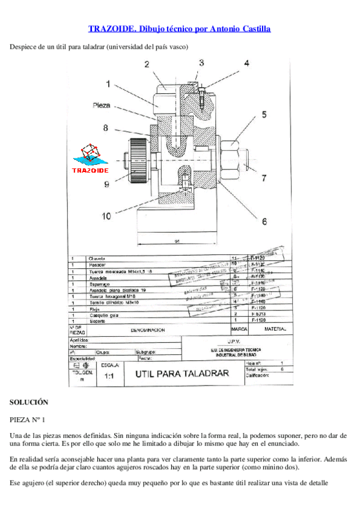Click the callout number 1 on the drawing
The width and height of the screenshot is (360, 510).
(108, 84)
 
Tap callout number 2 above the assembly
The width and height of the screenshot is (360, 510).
(147, 64)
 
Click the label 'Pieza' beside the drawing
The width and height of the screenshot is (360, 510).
(102, 105)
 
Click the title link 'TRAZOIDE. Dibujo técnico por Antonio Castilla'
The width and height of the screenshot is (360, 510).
(180, 28)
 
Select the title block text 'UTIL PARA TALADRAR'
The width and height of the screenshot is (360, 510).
(182, 373)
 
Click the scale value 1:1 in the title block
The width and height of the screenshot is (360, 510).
(109, 376)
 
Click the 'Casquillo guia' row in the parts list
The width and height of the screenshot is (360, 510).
(102, 315)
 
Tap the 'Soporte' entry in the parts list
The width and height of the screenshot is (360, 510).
(96, 321)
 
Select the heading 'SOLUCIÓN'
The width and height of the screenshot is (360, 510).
(29, 402)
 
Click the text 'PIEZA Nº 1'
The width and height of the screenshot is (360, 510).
(28, 419)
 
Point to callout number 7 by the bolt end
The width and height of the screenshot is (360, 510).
(263, 178)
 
